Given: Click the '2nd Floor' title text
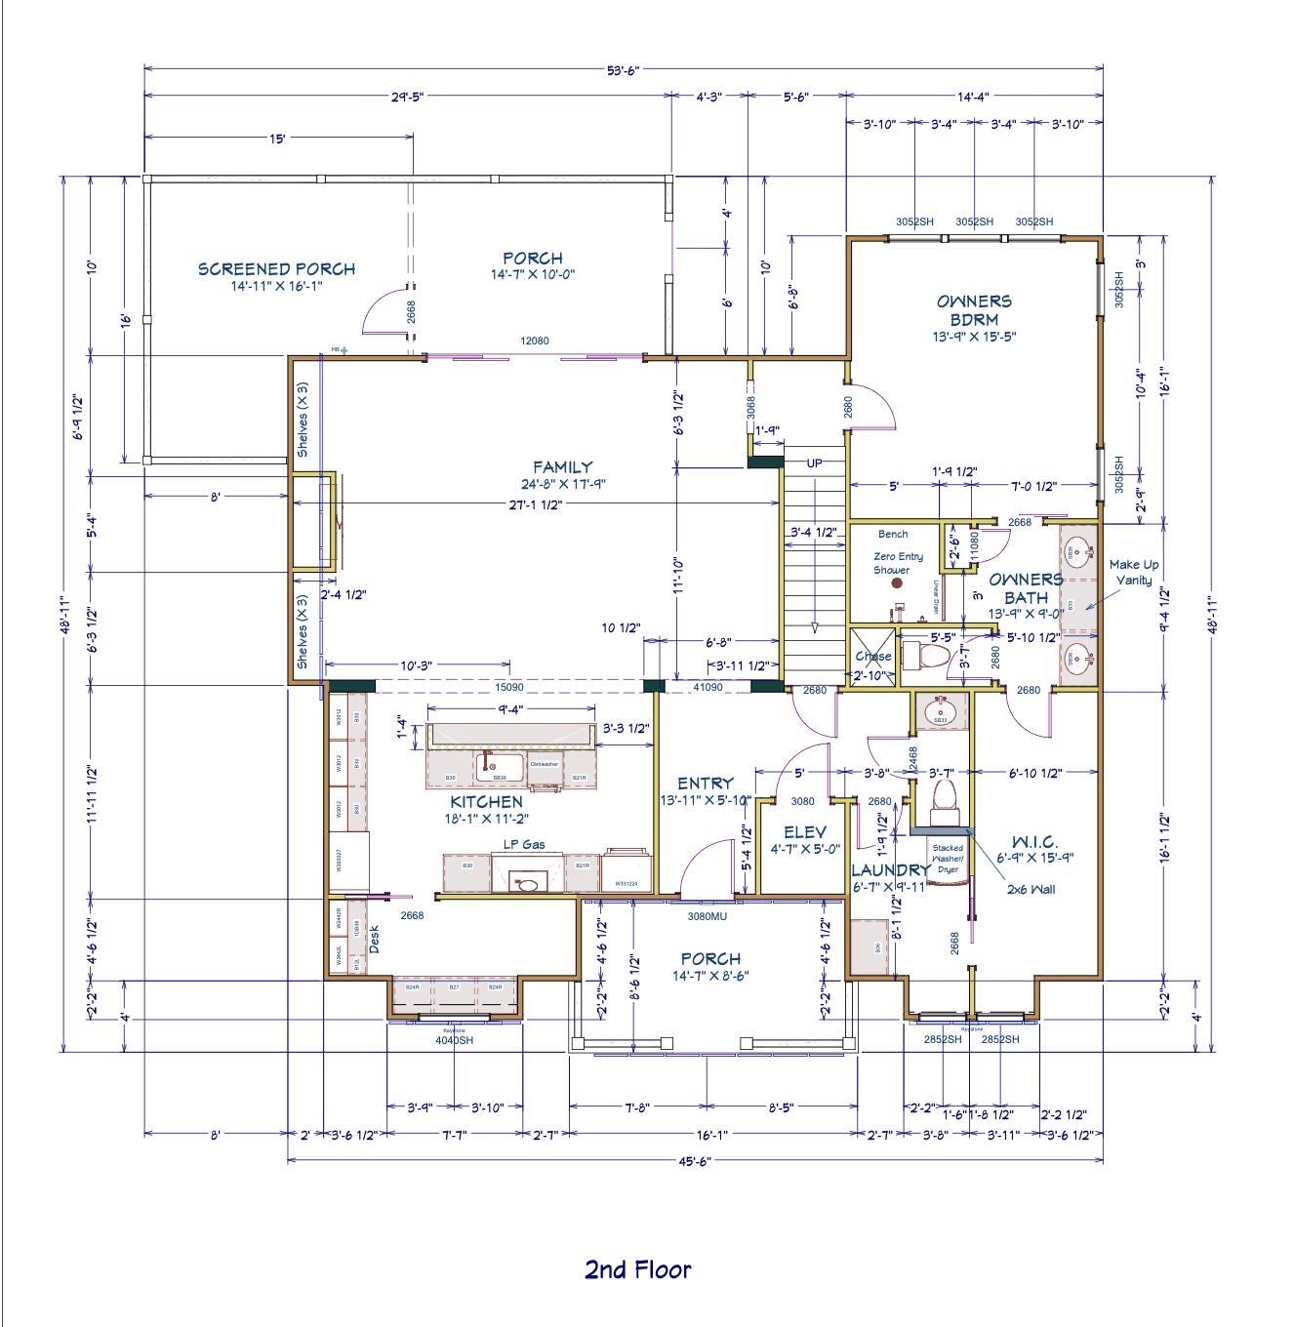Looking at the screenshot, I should tap(637, 1269).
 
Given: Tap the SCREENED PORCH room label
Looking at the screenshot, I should tap(276, 268).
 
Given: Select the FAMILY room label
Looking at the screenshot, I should tap(562, 467).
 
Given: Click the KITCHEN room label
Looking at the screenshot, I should tap(486, 801).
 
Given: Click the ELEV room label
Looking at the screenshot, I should tap(805, 832).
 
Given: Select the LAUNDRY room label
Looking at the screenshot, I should tap(890, 869).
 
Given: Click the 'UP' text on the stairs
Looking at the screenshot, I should tap(814, 462).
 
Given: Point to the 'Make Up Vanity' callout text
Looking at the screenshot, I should tap(1133, 572).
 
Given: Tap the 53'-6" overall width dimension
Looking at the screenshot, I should tap(623, 70).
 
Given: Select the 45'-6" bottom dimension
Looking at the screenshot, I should tap(695, 1161).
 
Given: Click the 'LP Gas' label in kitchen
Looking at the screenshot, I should tap(524, 844).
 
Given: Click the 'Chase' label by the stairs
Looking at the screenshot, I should tap(872, 656).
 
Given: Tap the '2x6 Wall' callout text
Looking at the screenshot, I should tap(1031, 889).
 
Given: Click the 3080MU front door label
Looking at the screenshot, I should tap(707, 916).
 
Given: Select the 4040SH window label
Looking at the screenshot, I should tap(454, 1039).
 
